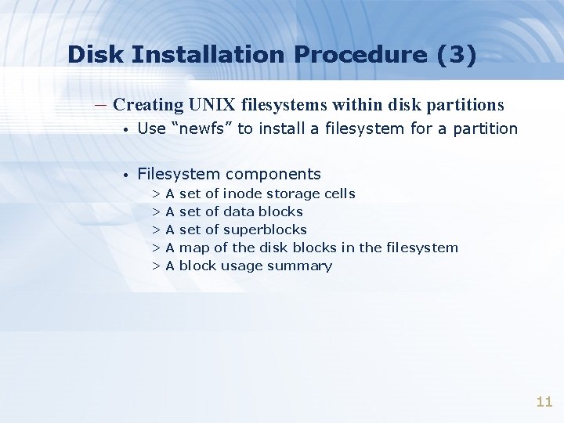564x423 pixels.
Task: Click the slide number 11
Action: [544, 402]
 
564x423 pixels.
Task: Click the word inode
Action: [243, 193]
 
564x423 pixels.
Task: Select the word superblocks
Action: [265, 230]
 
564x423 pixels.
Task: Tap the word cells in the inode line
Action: [340, 193]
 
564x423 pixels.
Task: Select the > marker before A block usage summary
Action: [157, 266]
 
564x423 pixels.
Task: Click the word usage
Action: [241, 266]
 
